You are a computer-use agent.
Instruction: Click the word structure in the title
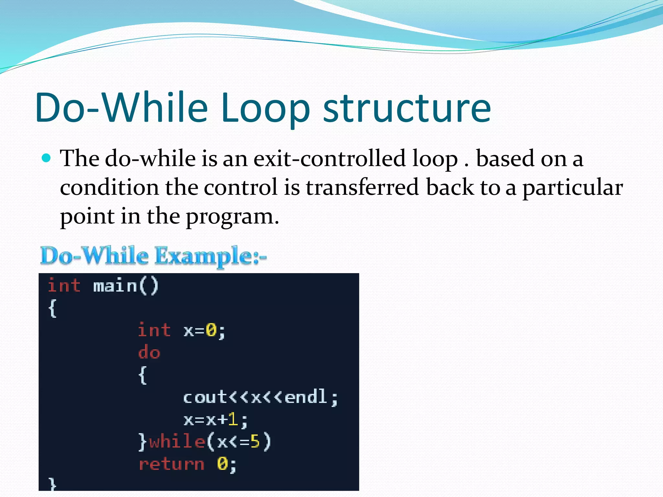pyautogui.click(x=407, y=108)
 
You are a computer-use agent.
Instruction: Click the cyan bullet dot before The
pyautogui.click(x=47, y=158)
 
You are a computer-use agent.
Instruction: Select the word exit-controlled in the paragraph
pyautogui.click(x=329, y=159)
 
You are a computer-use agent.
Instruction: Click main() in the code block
pyautogui.click(x=126, y=286)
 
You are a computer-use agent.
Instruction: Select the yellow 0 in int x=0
pyautogui.click(x=211, y=331)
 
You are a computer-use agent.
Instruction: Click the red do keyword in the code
pyautogui.click(x=149, y=352)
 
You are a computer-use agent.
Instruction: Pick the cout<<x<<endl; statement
pyautogui.click(x=261, y=397)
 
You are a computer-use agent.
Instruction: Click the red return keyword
pyautogui.click(x=172, y=464)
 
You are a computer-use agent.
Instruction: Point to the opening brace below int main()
pyautogui.click(x=52, y=308)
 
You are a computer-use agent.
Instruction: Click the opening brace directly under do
pyautogui.click(x=142, y=375)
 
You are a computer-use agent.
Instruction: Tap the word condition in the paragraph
pyautogui.click(x=109, y=188)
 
